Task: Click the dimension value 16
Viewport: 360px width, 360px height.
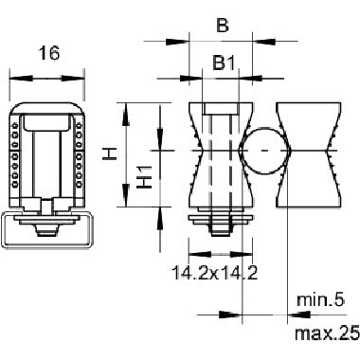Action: coord(49,53)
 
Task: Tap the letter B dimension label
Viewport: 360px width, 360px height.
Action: coord(223,26)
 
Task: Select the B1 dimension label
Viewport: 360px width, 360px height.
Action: coord(224,63)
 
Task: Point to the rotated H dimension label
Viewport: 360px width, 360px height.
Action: coord(110,154)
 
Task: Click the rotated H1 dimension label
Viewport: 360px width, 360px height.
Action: coord(146,177)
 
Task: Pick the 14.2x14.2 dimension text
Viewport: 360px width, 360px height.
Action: coord(215,273)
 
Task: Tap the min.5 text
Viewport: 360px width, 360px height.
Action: coord(320,299)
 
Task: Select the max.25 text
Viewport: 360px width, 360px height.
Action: coord(327,333)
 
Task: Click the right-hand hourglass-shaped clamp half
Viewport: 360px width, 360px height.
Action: coord(309,154)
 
